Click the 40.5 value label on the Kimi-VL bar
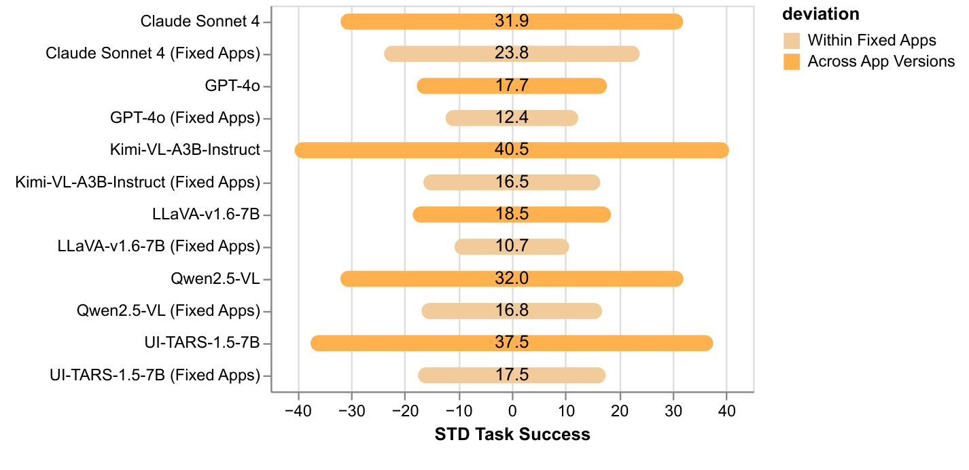(x=512, y=150)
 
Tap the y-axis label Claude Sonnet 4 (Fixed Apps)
(x=153, y=54)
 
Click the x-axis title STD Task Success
(x=512, y=435)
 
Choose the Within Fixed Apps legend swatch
(x=791, y=40)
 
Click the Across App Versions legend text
(x=881, y=62)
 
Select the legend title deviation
(x=820, y=14)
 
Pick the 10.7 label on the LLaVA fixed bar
(x=512, y=247)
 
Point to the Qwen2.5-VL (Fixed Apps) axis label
(x=169, y=312)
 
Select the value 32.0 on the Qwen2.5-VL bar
(x=512, y=279)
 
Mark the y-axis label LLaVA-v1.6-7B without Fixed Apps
(x=207, y=215)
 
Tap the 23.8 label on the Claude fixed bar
(x=512, y=54)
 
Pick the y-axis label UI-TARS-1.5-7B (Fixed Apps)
(x=155, y=376)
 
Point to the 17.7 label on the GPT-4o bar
(x=512, y=86)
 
